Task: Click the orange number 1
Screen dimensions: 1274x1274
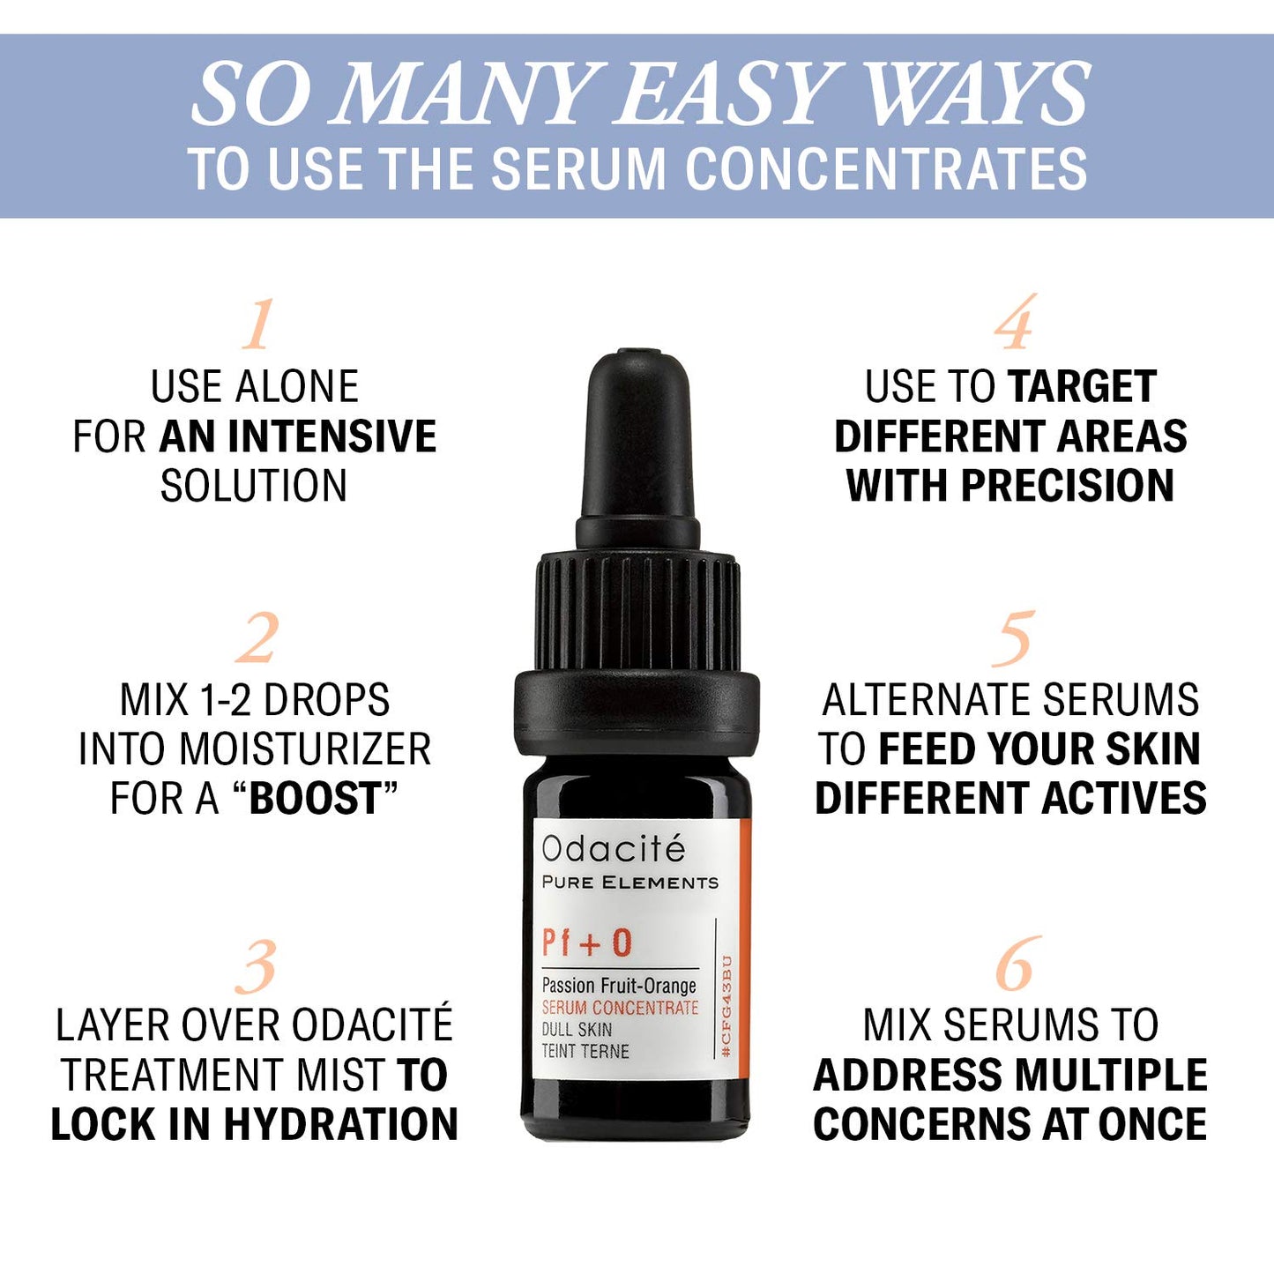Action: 257,325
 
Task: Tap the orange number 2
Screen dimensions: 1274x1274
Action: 257,638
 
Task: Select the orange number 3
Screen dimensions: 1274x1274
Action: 257,966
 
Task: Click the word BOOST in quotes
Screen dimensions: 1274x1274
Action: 315,799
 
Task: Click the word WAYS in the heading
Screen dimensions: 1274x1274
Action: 977,94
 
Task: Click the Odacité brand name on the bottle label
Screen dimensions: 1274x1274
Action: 613,849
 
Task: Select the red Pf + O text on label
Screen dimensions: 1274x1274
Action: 586,943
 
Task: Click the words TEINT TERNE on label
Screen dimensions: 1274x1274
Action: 585,1051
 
